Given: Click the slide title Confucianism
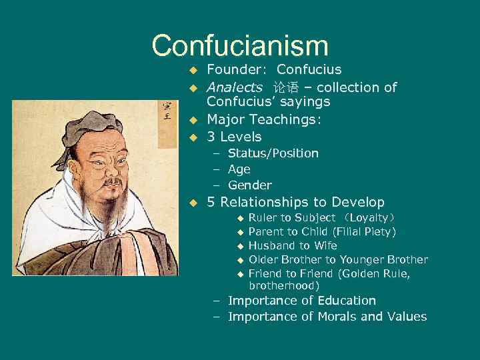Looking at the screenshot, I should point(240,46).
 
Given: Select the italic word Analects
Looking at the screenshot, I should point(235,87).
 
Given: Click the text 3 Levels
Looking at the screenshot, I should point(234,137).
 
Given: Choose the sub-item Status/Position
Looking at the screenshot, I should point(273,153).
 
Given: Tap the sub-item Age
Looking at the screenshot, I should point(239,169).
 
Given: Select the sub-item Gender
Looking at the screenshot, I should point(250,185).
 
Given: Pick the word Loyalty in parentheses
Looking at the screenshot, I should point(368,218).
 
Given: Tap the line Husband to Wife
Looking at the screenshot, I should point(293,245).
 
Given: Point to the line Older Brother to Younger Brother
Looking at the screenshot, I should point(338,259).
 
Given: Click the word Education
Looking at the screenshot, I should point(343,301).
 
